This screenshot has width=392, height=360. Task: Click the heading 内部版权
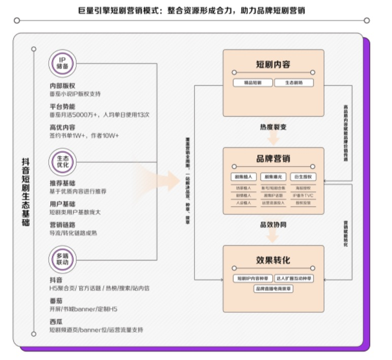click(x=62, y=86)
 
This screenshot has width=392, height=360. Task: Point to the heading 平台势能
click(x=62, y=107)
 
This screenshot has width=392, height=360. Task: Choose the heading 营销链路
click(x=62, y=224)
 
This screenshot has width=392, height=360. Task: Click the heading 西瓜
click(x=56, y=321)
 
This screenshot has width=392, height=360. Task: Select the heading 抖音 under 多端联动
click(x=56, y=280)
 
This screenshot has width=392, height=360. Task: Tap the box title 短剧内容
click(x=273, y=64)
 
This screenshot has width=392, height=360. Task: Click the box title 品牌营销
click(x=273, y=159)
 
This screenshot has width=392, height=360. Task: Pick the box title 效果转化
click(x=273, y=260)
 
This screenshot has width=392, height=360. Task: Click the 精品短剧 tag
click(x=252, y=83)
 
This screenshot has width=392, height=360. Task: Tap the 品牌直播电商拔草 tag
click(x=273, y=289)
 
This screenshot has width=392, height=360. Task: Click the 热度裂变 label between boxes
click(x=273, y=127)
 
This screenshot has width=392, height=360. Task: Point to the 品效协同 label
click(x=273, y=224)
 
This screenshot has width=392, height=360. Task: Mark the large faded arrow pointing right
click(x=157, y=178)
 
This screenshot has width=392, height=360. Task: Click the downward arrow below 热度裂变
click(x=273, y=138)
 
